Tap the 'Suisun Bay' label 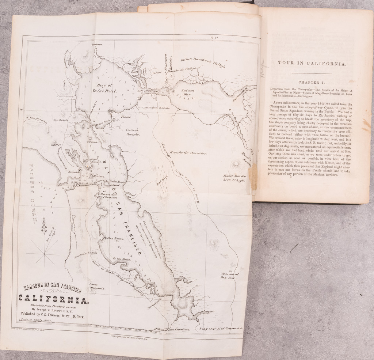pos(187,92)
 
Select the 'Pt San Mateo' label pos(121,258)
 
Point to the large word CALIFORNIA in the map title pos(54,300)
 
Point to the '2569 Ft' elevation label pos(57,144)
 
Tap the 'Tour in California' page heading pos(312,63)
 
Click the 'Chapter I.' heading pos(312,83)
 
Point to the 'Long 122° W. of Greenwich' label pos(221,329)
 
